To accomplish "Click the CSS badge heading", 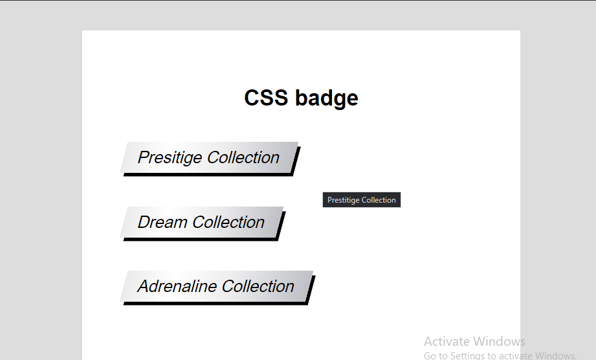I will tap(301, 98).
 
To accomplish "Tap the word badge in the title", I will tap(326, 98).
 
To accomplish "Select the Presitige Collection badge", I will tap(208, 157).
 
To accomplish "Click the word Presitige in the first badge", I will tap(170, 157).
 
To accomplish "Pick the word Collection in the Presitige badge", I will tap(243, 157).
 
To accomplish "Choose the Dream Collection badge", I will tap(201, 222).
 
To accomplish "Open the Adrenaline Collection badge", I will tap(216, 286).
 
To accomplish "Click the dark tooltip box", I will tap(362, 200).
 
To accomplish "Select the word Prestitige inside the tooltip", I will tap(343, 200).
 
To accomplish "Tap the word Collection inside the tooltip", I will tap(379, 200).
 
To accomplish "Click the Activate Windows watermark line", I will tap(474, 341).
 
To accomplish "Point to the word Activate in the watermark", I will tap(447, 341).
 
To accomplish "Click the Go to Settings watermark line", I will tap(500, 355).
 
